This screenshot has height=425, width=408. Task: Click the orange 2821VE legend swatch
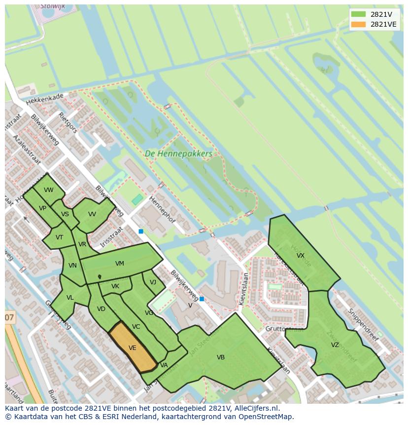[x=359, y=24]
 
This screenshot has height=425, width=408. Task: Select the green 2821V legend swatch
[x=359, y=14]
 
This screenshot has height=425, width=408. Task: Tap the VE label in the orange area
[x=132, y=348]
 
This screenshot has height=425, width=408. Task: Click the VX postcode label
[x=301, y=256]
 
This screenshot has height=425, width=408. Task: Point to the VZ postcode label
[x=335, y=345]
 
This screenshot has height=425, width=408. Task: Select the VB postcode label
[x=221, y=357]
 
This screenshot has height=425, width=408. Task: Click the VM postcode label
[x=120, y=264]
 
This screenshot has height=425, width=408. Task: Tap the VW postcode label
[x=48, y=190]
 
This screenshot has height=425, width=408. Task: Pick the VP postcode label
[x=43, y=208]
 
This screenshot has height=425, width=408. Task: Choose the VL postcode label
[x=70, y=298]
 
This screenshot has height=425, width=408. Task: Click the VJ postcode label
[x=153, y=282]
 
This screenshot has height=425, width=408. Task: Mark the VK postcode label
[x=115, y=286]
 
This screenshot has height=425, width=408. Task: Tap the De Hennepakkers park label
[x=179, y=154]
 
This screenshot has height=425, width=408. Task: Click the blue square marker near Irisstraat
[x=141, y=231]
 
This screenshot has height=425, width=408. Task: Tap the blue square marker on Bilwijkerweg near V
[x=202, y=299]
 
